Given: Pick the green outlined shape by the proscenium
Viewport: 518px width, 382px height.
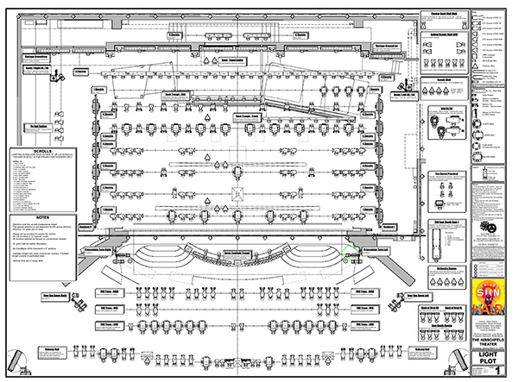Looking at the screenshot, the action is (352, 255).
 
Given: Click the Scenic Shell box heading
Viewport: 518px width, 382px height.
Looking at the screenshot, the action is (445, 100).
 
